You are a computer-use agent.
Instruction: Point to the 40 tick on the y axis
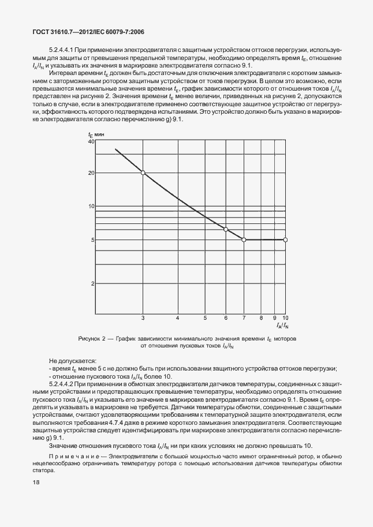(90, 142)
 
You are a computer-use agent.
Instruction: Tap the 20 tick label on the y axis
(90, 173)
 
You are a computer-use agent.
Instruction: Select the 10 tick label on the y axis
(90, 206)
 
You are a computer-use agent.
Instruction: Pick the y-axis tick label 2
(91, 283)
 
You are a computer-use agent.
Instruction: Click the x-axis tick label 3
(143, 318)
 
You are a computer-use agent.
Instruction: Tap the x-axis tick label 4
(178, 318)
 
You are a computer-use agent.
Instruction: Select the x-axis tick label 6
(226, 318)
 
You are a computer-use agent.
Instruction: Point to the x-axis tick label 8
(261, 318)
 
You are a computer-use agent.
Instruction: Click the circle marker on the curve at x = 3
(143, 173)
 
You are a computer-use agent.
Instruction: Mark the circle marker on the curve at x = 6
(226, 229)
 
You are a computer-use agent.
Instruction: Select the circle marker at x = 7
(244, 240)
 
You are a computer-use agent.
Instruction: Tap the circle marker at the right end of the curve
(285, 240)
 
